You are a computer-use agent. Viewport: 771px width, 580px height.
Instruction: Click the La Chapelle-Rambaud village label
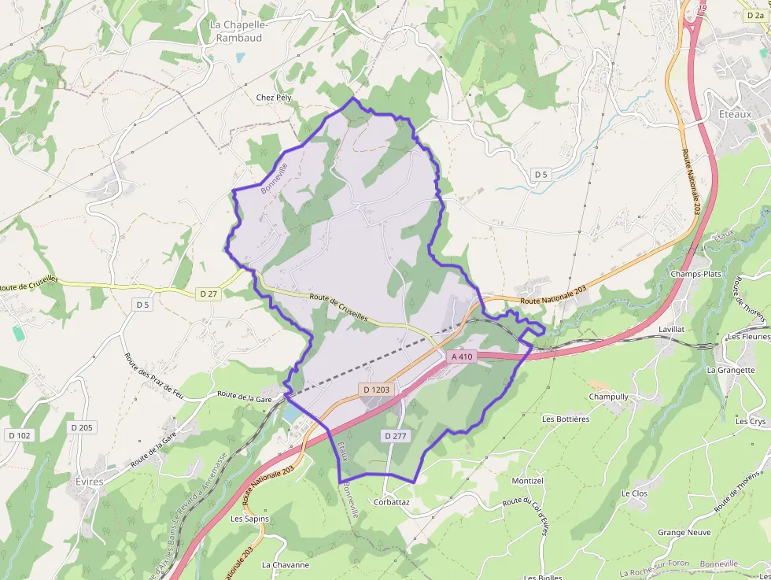(x=240, y=31)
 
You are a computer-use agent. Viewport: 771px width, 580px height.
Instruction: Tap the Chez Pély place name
(x=274, y=98)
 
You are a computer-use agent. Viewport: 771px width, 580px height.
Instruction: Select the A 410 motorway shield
(x=462, y=356)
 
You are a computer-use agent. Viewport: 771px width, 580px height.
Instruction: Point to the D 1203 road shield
(x=378, y=390)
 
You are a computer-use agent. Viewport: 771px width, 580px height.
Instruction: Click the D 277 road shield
(x=397, y=435)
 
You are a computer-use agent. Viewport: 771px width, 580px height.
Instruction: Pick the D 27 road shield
(x=208, y=294)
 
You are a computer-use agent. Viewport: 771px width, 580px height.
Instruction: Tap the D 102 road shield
(x=20, y=434)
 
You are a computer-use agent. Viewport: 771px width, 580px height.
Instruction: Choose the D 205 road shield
(x=81, y=427)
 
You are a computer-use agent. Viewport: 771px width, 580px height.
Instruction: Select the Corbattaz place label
(x=392, y=501)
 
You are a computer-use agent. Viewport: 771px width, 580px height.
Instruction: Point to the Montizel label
(x=527, y=480)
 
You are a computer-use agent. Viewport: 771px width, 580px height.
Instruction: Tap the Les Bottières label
(x=565, y=419)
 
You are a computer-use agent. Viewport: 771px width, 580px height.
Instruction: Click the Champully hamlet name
(x=608, y=397)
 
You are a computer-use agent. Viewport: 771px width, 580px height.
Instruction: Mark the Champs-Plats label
(x=695, y=274)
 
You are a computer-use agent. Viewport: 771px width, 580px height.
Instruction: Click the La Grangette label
(x=731, y=370)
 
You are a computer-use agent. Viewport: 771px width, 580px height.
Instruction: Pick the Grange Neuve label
(x=684, y=533)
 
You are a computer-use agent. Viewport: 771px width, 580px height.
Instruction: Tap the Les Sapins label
(x=249, y=519)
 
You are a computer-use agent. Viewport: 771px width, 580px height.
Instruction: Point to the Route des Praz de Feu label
(x=153, y=374)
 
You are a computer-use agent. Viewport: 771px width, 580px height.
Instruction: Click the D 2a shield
(x=753, y=15)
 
